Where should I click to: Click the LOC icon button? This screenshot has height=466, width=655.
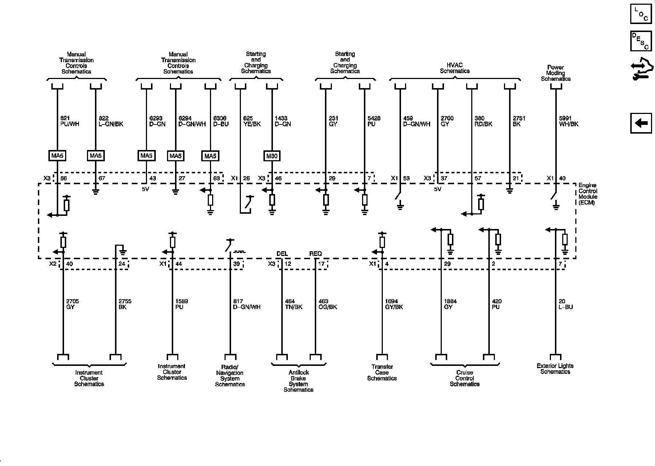pos(641,14)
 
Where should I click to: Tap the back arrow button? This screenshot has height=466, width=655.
pos(641,123)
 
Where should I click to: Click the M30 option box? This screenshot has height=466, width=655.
pos(272,156)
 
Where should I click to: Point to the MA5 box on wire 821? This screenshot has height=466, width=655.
pos(57,156)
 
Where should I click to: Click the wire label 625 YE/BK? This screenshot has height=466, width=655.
pos(252,121)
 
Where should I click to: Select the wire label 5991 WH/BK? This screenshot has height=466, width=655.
pos(568,121)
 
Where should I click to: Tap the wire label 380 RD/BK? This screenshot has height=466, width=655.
pos(483,121)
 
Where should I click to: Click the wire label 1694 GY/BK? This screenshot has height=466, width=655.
pos(393,304)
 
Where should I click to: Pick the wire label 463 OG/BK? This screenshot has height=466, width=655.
pos(327,304)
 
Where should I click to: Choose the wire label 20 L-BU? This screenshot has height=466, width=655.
pos(565,304)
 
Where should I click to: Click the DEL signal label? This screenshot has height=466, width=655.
pos(282,254)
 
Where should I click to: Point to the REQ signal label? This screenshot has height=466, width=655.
pos(315,254)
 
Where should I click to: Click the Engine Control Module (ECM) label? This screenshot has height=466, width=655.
pos(588,194)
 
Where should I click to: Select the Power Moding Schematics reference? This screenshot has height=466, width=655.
pos(556,73)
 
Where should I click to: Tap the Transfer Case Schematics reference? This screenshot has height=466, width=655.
pos(382,372)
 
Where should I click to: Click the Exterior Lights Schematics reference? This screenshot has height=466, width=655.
pos(555,369)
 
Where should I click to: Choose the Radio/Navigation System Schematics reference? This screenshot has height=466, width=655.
pos(230,376)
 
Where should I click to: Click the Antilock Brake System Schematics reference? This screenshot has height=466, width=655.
pos(298,381)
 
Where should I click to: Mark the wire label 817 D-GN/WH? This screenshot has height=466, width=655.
pos(246,304)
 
